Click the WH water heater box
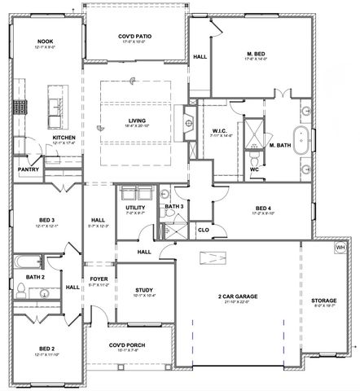click(340, 247)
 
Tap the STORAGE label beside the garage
click(323, 301)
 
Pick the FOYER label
click(98, 281)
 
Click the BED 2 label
click(46, 347)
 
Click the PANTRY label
click(28, 170)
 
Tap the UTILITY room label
click(134, 209)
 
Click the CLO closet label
click(204, 231)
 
